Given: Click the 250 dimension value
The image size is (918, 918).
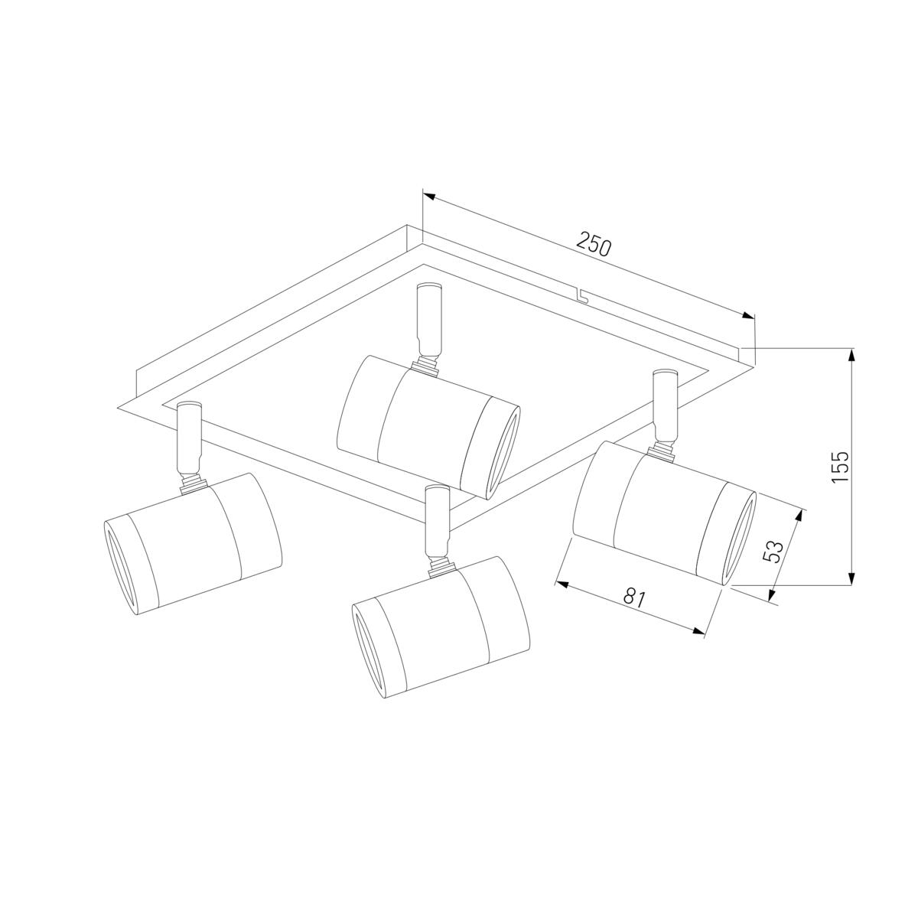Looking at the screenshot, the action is point(593,244).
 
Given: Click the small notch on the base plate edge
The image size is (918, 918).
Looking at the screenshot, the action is point(581,296).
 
